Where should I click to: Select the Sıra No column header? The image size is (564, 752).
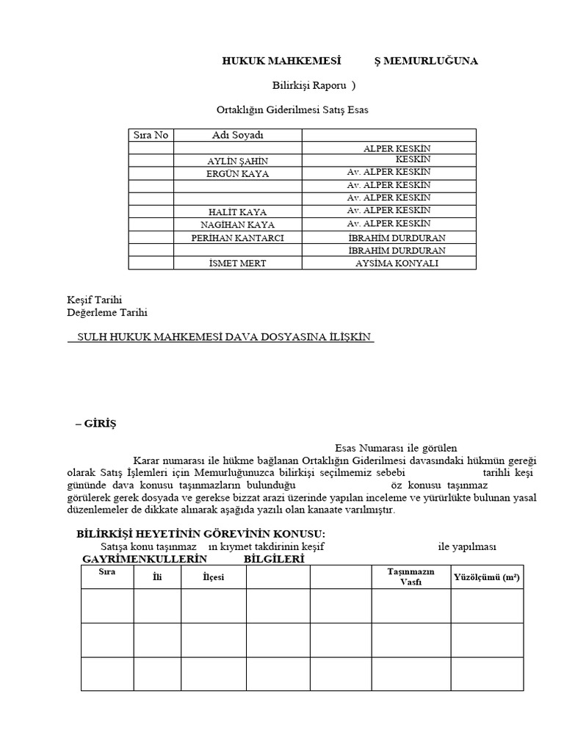click(x=151, y=135)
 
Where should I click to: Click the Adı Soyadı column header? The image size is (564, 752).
click(x=237, y=135)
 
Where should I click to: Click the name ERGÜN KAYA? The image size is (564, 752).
click(x=237, y=174)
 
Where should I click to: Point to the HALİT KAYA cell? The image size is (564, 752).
click(x=237, y=212)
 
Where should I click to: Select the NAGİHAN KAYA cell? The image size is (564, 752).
click(x=237, y=225)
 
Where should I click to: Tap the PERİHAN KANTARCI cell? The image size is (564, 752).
click(x=237, y=238)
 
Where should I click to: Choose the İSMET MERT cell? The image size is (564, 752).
click(x=237, y=263)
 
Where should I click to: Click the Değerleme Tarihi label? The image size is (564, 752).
click(x=107, y=312)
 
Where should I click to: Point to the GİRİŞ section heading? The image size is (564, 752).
click(x=99, y=424)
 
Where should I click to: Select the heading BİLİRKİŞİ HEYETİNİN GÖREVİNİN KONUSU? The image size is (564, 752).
click(x=200, y=534)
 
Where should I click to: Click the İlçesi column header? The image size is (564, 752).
click(x=213, y=577)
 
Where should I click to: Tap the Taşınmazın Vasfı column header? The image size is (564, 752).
click(x=411, y=576)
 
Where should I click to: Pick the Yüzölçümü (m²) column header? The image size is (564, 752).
click(x=487, y=577)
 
